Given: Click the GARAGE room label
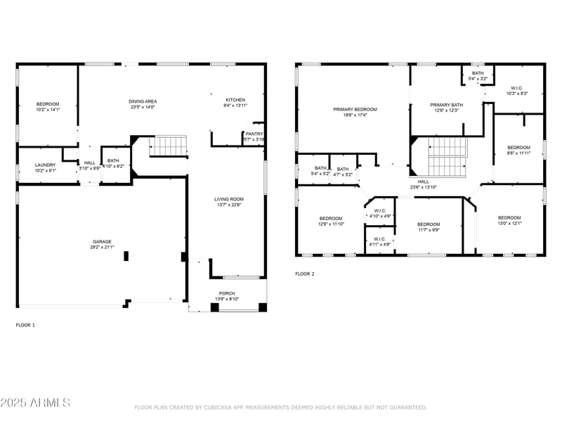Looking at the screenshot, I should coord(103,241).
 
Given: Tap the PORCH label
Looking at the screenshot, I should coord(227,293).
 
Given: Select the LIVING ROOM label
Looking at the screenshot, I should coord(228,199).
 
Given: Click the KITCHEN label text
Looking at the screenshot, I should coord(235,100).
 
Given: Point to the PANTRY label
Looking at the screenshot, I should coord(254,134).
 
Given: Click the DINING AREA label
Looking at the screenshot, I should coord(143,101).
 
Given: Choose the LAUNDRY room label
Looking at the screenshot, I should coord(45,165).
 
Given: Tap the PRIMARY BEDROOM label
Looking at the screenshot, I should coord(355,109).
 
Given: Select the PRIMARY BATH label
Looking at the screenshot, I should coord(446,105).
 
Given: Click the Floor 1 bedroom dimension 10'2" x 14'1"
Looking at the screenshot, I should coord(48,110).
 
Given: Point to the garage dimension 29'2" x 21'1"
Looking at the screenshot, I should coord(103,248).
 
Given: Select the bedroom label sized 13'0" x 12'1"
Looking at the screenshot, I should coord(509,218).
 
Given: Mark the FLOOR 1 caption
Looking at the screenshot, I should coord(25,325).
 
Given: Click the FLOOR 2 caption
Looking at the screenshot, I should coord(304,274).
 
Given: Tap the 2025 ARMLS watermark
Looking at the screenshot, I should coord(35,403).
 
